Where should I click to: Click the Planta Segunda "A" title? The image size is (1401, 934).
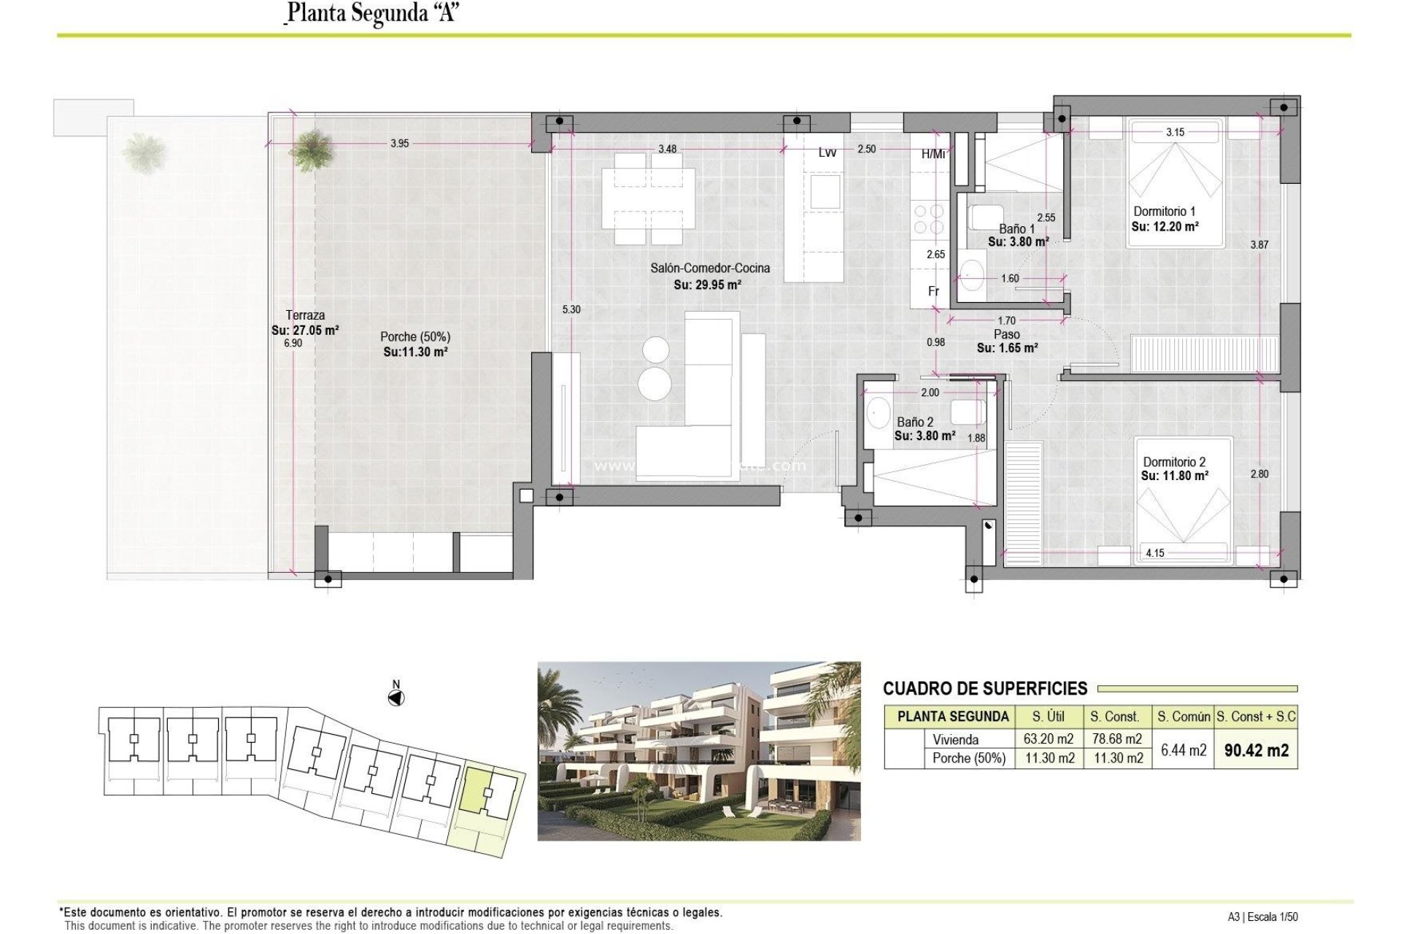coord(372,13)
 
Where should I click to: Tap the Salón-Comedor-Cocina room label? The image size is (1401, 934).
coord(709,269)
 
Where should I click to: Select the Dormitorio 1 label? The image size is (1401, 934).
coord(1164,212)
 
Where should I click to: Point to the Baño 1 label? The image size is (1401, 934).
coord(1016,228)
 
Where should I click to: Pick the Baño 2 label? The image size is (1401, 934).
coord(914,422)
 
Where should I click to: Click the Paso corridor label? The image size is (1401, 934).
coord(1006,334)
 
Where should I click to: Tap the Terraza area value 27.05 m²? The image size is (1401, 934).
coord(305,331)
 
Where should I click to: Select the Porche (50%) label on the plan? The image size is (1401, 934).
coord(414,337)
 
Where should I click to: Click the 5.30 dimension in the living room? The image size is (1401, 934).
coord(571,309)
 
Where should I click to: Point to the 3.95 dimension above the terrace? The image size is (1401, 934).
coord(399,144)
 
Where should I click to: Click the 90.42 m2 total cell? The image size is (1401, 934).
coord(1256,750)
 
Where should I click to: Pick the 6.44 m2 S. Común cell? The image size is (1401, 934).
coord(1183,750)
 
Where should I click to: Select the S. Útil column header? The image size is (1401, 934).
coord(1048,717)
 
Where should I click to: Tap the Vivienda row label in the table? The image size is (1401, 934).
coord(955,739)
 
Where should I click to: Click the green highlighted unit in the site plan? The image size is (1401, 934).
coord(476,788)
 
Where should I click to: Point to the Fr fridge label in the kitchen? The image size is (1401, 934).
coord(933,291)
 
